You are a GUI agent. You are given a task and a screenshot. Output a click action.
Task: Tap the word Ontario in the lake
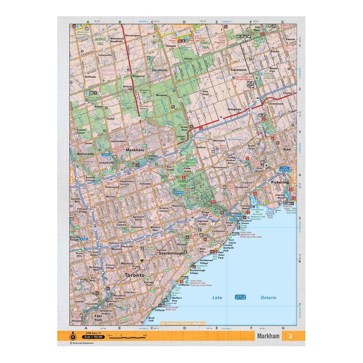point(269,297)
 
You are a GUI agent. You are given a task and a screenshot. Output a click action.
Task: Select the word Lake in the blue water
point(217,297)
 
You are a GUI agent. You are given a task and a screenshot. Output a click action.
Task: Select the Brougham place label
point(234,109)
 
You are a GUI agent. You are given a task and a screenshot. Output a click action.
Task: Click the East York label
point(98,317)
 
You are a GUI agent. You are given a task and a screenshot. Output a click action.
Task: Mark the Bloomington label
point(132,36)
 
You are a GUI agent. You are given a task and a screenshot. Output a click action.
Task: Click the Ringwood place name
point(138,76)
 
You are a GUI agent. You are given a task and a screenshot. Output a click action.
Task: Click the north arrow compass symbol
point(73,336)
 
